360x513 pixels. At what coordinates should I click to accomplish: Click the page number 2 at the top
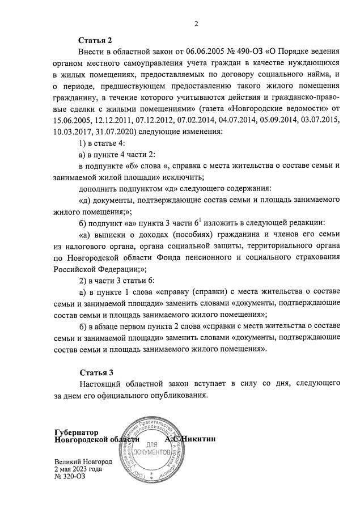(196, 23)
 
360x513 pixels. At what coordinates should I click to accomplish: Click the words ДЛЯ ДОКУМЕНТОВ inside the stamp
(150, 449)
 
